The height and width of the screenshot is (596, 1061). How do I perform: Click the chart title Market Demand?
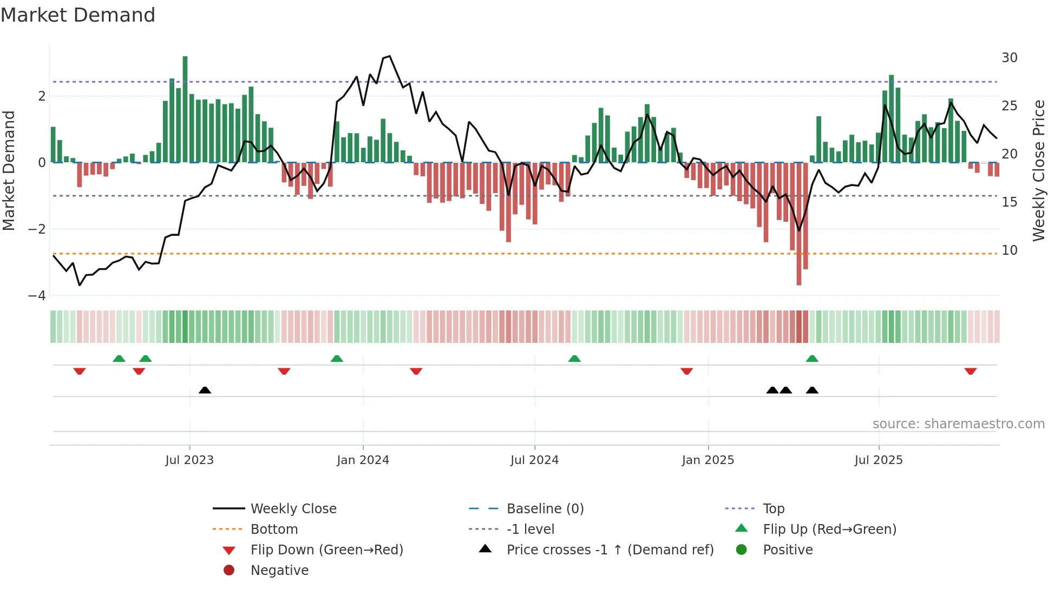click(78, 15)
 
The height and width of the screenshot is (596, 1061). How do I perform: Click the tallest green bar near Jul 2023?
click(185, 108)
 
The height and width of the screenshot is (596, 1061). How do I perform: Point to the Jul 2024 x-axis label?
click(534, 460)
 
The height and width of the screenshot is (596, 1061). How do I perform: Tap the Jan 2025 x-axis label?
click(708, 460)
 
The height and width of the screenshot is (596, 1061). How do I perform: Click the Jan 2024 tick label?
click(363, 460)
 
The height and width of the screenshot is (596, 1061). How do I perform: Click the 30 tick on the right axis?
click(1010, 58)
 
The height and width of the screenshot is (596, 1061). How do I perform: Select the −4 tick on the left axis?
click(37, 296)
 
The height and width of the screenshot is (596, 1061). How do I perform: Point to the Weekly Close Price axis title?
click(1039, 170)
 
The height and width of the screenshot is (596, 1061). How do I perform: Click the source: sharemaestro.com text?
click(958, 424)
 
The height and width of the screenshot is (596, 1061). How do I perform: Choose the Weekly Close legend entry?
click(293, 509)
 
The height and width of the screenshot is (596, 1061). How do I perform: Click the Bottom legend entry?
click(274, 529)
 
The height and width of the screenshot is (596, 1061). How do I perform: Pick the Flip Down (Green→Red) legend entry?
click(326, 550)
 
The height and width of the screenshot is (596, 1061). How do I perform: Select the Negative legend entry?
click(279, 571)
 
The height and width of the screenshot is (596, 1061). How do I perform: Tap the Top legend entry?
click(774, 509)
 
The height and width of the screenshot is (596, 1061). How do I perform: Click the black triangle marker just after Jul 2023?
click(205, 390)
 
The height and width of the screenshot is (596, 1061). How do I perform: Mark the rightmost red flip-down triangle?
click(970, 372)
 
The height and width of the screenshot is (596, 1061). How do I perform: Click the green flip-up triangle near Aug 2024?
click(574, 359)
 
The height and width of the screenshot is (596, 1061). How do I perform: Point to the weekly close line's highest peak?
click(389, 56)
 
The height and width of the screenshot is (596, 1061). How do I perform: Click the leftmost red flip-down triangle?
click(80, 372)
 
